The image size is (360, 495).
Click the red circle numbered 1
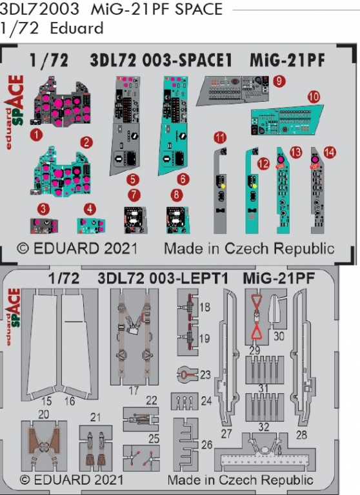36,135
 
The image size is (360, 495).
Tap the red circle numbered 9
279,81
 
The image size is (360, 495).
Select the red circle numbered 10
314,97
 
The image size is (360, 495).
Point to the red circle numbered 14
330,153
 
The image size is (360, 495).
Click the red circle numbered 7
134,195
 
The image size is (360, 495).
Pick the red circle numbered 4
90,209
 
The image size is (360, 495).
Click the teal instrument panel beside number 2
64,172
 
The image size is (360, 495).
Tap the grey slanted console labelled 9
233,90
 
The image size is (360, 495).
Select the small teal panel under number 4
91,226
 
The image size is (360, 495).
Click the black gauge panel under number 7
135,220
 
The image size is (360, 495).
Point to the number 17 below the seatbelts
134,391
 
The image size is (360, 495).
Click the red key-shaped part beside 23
185,374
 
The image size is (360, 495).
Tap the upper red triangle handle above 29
256,301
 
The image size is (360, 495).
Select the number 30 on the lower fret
279,336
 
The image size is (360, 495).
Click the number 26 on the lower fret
206,445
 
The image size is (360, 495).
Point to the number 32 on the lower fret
264,427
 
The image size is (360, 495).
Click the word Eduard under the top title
77,28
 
